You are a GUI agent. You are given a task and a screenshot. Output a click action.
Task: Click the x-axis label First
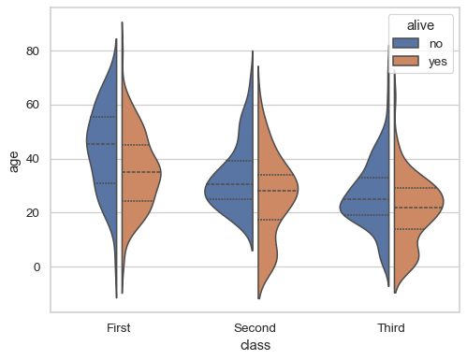119,328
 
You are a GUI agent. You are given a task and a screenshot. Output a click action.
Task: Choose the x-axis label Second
255,328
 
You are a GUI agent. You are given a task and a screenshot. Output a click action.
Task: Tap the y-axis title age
14,161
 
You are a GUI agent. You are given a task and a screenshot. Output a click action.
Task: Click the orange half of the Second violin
273,196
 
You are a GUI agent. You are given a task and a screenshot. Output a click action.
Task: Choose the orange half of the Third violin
412,201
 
